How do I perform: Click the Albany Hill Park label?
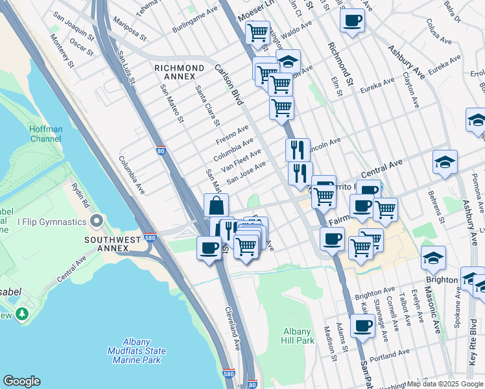[298, 336]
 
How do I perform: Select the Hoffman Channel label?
[46, 134]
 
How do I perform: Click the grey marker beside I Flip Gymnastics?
[97, 222]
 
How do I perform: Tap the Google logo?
[21, 381]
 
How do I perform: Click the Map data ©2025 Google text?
[444, 384]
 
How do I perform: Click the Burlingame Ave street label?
[195, 21]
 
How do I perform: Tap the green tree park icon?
[23, 314]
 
